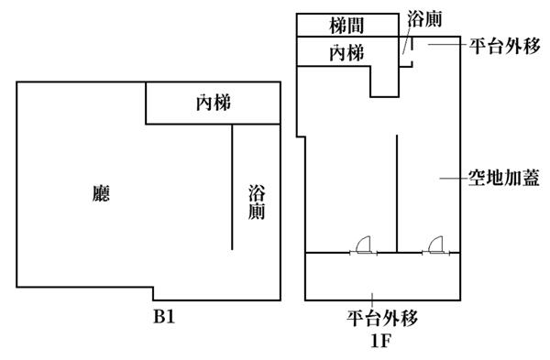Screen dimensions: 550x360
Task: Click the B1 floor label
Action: pyautogui.click(x=164, y=317)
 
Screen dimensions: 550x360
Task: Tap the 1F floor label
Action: pyautogui.click(x=381, y=341)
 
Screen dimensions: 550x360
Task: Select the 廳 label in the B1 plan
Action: pyautogui.click(x=101, y=193)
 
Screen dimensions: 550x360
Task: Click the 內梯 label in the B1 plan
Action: pyautogui.click(x=214, y=104)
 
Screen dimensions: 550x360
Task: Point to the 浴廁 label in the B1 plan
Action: pyautogui.click(x=257, y=202)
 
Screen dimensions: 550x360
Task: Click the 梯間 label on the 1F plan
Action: pyautogui.click(x=346, y=26)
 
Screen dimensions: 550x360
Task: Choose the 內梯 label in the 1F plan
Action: pyautogui.click(x=346, y=53)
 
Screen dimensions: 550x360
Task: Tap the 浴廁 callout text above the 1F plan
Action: pyautogui.click(x=424, y=19)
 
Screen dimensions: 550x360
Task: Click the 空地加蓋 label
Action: pyautogui.click(x=504, y=178)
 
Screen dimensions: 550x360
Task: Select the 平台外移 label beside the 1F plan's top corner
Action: pyautogui.click(x=505, y=46)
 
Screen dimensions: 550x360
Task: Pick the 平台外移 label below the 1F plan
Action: pyautogui.click(x=382, y=318)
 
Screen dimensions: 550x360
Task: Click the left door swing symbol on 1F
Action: pyautogui.click(x=363, y=245)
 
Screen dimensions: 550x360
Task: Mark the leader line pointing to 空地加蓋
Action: pyautogui.click(x=455, y=179)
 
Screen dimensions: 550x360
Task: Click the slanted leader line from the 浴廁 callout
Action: pyautogui.click(x=407, y=40)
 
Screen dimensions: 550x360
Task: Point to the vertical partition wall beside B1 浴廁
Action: pyautogui.click(x=232, y=187)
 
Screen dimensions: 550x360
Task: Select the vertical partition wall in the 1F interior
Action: pyautogui.click(x=397, y=193)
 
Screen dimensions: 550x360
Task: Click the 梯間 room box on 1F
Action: pyautogui.click(x=347, y=25)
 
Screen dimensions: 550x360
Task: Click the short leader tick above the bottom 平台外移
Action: pyautogui.click(x=372, y=300)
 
